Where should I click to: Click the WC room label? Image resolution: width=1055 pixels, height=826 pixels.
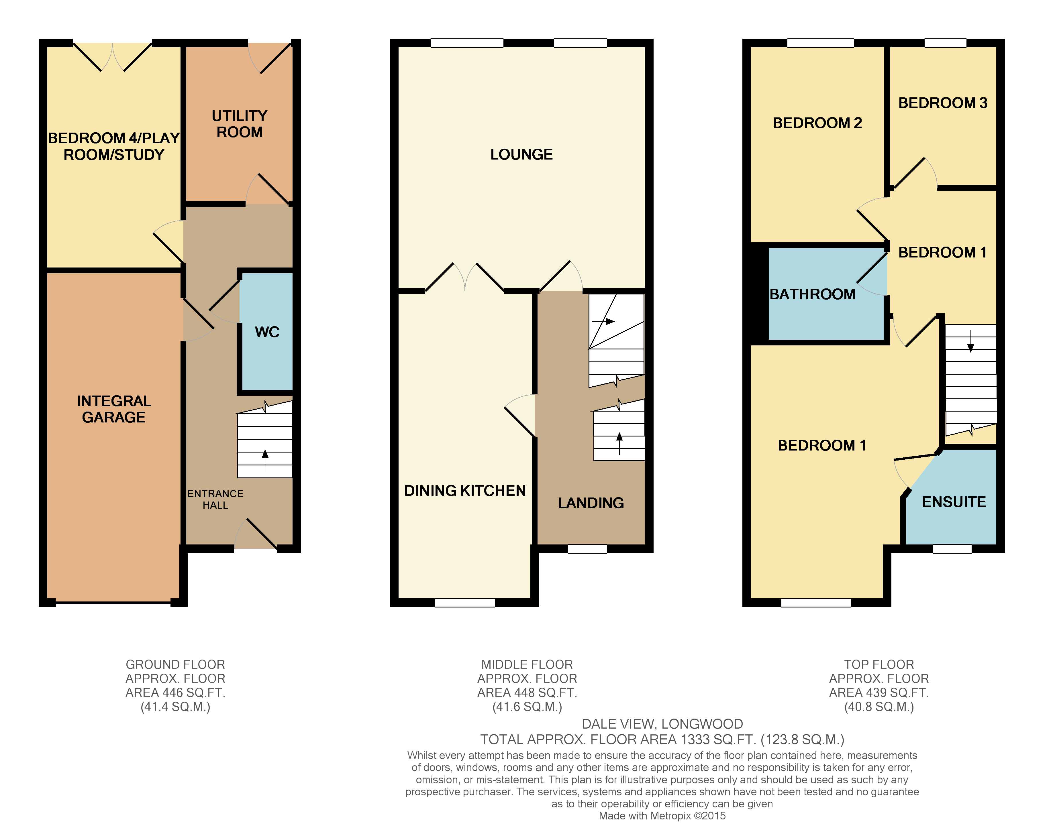point(267,332)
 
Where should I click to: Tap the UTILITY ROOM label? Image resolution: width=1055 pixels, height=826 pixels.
point(240,124)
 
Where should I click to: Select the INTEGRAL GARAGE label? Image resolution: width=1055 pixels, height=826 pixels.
point(114,409)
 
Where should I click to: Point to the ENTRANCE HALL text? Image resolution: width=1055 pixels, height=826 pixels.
point(215,499)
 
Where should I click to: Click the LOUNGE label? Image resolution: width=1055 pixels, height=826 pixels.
point(521,155)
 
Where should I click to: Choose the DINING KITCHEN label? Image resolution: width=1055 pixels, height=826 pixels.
point(465,491)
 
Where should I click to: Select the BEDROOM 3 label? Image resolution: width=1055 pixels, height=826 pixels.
point(942,103)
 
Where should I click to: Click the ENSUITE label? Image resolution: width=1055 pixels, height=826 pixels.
point(953,502)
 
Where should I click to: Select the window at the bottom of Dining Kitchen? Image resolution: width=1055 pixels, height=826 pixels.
point(464,603)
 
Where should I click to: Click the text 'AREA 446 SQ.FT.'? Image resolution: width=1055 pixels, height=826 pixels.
point(175,693)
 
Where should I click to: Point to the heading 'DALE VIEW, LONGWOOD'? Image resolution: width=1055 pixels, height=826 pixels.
point(662,724)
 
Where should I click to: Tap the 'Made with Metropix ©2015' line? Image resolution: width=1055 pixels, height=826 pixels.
point(662,816)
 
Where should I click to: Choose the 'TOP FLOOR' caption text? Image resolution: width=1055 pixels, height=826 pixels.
point(878,664)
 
